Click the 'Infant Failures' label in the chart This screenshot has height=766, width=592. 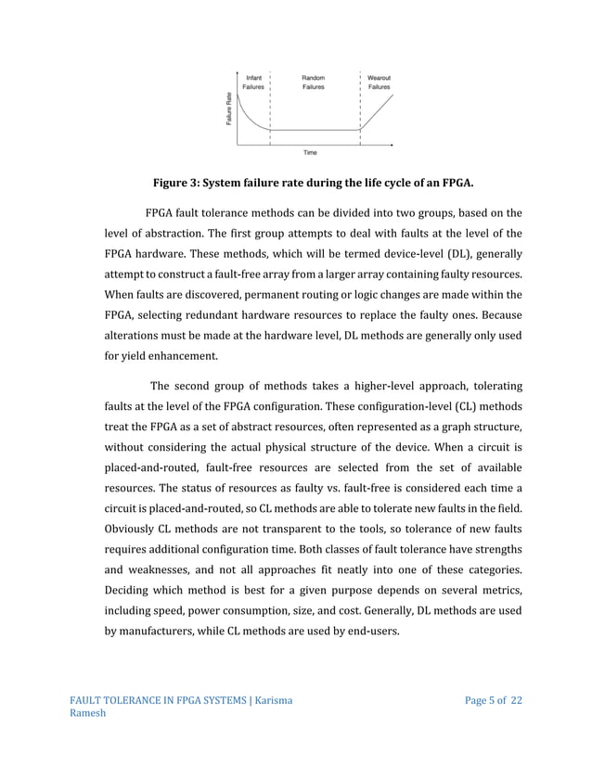(252, 82)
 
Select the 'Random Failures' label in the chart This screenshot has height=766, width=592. (313, 82)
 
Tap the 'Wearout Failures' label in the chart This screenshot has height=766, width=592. (379, 82)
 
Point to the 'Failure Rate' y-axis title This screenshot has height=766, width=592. (228, 110)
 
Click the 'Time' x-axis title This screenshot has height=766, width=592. (311, 152)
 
